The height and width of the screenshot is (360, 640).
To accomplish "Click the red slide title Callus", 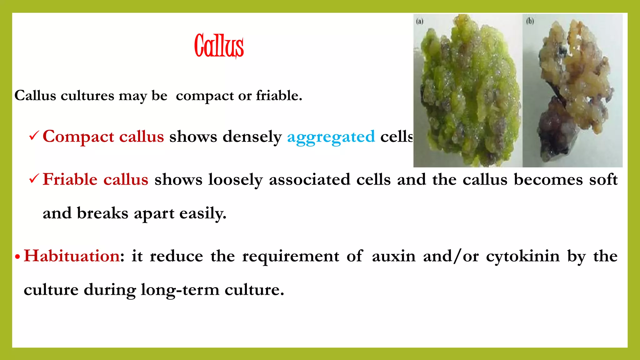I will (219, 46).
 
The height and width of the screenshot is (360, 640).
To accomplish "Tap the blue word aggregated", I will (331, 137).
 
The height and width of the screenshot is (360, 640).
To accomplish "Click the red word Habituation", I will (72, 256).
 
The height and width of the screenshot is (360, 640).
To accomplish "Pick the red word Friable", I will (70, 179).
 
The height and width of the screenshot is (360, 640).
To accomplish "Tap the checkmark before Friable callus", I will (34, 179).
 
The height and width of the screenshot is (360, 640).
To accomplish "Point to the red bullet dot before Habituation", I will (17, 257).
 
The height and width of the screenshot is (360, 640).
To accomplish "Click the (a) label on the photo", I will (420, 21).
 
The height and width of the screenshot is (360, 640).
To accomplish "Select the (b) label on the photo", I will (530, 21).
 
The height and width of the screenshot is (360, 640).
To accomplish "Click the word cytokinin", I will (523, 257).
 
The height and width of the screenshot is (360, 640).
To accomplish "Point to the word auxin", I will (393, 256).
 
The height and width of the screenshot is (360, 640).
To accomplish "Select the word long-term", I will (180, 290).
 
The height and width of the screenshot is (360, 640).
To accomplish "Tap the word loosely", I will (236, 180).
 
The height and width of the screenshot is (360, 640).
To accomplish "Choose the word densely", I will (252, 137).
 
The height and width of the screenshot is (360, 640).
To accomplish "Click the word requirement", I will (290, 257).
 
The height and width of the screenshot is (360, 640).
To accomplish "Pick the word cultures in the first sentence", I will (87, 96).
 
